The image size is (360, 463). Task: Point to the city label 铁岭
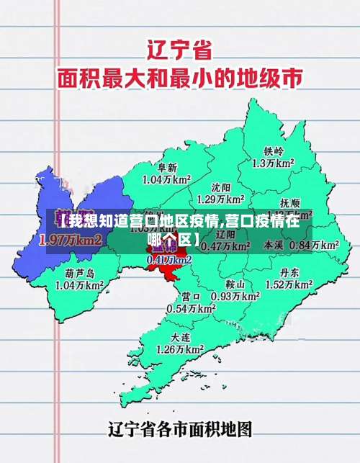[x=274, y=151]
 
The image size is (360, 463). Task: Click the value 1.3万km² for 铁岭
[x=274, y=163]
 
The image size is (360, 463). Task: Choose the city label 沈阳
[x=220, y=186]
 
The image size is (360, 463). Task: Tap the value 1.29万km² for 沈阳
[x=220, y=198]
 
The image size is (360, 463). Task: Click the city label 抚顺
[x=291, y=203]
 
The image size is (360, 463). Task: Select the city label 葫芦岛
[x=80, y=273]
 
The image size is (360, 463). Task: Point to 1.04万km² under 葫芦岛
[x=80, y=285]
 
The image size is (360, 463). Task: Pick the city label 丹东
[x=290, y=272]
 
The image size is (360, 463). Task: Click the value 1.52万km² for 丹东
[x=290, y=284]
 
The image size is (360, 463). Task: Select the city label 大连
[x=181, y=337]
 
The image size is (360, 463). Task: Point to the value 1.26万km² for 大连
[x=181, y=349]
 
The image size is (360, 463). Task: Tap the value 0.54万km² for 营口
[x=191, y=308]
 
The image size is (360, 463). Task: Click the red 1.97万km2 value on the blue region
[x=70, y=239]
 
